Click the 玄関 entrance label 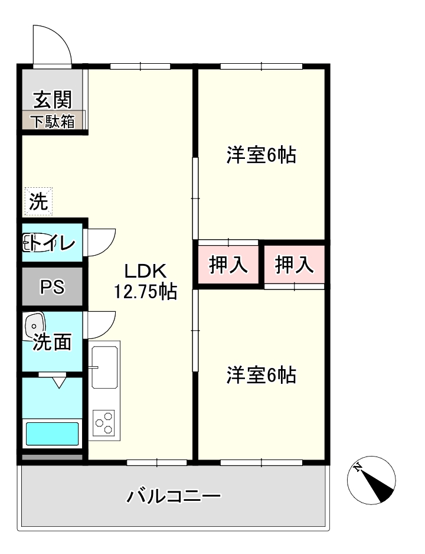pos(52,99)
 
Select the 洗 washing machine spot pos(38,202)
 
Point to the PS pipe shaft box pos(52,287)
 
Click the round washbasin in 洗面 pos(34,324)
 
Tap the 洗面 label pos(52,342)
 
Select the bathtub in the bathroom pos(52,434)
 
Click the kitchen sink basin pos(105,367)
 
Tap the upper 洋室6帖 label pos(261,155)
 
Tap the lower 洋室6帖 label pos(261,375)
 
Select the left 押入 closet pos(228,265)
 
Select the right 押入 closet pos(294,265)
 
